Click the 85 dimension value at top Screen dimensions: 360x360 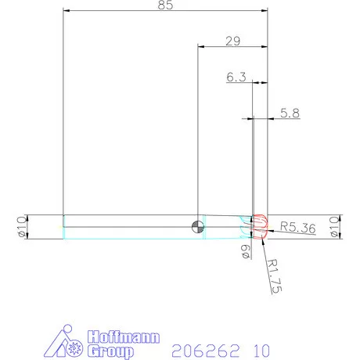point(165,5)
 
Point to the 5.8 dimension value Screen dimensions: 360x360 point(290,113)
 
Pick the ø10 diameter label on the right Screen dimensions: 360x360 point(336,227)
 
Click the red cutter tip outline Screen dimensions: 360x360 point(260,226)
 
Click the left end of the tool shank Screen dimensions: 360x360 point(63,226)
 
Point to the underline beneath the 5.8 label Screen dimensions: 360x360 point(286,119)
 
